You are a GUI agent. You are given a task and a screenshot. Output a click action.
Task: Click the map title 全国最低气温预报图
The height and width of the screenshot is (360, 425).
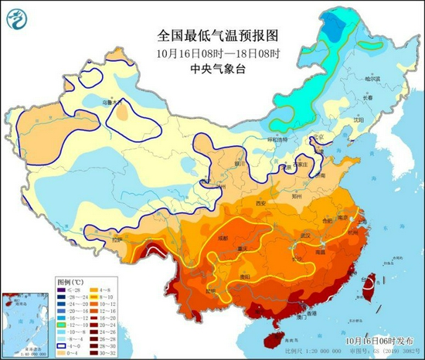point(206,36)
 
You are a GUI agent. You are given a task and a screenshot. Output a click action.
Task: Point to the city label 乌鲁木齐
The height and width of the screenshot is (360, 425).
point(113,102)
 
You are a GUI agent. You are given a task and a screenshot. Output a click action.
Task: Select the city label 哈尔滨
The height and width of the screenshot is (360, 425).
point(374,79)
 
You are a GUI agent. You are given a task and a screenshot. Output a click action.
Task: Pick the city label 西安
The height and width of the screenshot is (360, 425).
point(260,203)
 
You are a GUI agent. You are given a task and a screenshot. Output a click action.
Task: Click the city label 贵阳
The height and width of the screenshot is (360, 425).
point(246,273)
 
